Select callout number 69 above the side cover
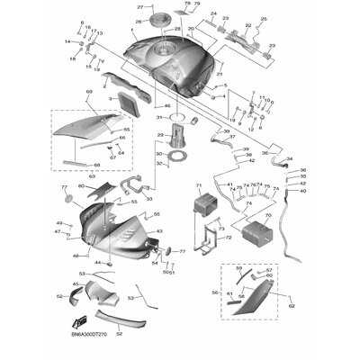90,92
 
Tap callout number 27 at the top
140,7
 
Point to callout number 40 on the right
302,190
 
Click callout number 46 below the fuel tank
166,106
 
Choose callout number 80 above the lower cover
81,186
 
